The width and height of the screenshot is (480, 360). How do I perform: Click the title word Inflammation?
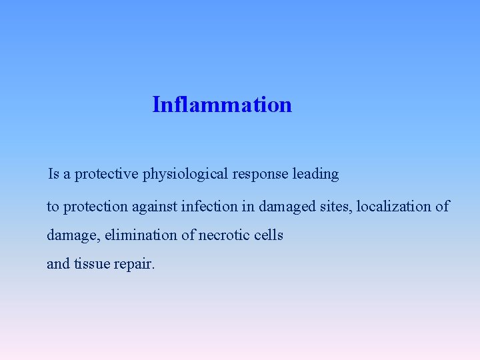(222, 105)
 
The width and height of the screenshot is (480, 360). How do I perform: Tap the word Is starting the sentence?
(54, 174)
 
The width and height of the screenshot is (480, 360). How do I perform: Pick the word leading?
(315, 175)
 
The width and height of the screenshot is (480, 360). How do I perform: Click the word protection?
(93, 207)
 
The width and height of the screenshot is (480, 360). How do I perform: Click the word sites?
(337, 207)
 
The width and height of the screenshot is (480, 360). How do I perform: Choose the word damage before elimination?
(71, 236)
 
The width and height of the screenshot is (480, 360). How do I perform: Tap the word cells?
(269, 235)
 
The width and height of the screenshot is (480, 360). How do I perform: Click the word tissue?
(92, 264)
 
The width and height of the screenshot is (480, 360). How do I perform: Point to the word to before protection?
(52, 207)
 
